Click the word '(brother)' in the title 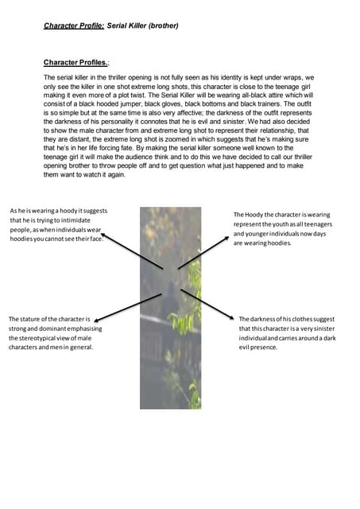161,25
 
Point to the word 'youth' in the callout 283,224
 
